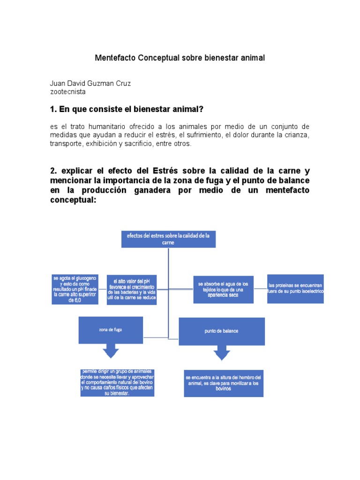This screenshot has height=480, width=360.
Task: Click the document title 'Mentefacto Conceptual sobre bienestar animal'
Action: (x=180, y=58)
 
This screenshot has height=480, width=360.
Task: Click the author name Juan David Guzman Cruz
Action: (x=90, y=83)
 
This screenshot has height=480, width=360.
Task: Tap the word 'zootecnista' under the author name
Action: (x=67, y=92)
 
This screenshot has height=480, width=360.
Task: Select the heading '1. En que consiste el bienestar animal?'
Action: (x=126, y=109)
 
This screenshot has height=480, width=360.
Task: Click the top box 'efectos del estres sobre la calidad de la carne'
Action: (x=168, y=240)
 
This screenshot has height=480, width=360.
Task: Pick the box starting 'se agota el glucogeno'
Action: (x=75, y=290)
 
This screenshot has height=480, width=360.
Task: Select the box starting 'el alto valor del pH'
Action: (x=131, y=290)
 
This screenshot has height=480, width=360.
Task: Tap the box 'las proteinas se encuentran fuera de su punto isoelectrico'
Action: (x=295, y=289)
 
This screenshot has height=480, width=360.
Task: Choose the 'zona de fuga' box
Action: (x=111, y=330)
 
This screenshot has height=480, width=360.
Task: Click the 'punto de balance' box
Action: (x=221, y=331)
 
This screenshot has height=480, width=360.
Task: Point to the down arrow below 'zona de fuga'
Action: (x=111, y=352)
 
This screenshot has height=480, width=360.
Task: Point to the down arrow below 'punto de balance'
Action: (x=221, y=352)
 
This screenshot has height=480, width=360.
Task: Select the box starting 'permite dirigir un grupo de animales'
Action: (x=117, y=382)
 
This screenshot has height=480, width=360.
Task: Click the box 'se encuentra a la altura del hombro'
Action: (x=224, y=383)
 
